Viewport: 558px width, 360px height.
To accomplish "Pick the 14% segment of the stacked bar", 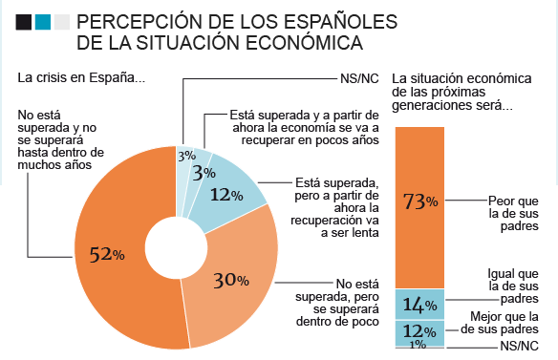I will (419, 305).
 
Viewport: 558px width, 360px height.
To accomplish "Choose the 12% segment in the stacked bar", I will (419, 332).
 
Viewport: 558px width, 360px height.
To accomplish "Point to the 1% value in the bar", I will (418, 346).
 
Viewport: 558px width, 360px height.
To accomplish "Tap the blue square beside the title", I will (43, 21).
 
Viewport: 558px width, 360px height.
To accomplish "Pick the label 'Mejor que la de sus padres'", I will (507, 324).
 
